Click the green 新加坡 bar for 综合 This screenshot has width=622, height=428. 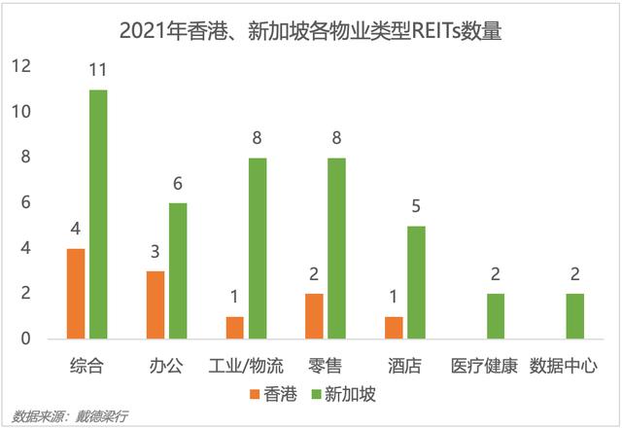point(98,214)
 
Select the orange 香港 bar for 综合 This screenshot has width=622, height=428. point(76,294)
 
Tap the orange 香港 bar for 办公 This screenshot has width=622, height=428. point(155,304)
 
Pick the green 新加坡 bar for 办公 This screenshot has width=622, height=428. point(177,270)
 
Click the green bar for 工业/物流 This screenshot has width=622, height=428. point(257,248)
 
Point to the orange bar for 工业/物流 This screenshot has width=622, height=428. point(234,328)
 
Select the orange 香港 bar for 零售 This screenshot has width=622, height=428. point(314,316)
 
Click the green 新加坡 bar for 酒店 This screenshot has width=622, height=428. point(415,282)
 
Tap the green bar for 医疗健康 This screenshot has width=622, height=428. point(495,316)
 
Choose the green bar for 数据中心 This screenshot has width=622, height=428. point(574,316)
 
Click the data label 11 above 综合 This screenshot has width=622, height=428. point(98,71)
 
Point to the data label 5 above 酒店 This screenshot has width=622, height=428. point(415,207)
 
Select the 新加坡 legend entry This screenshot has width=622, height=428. point(345,394)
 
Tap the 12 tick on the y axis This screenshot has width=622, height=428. point(21,66)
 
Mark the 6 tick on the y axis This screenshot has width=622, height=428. point(26,202)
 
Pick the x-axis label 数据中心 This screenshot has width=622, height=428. point(564,367)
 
